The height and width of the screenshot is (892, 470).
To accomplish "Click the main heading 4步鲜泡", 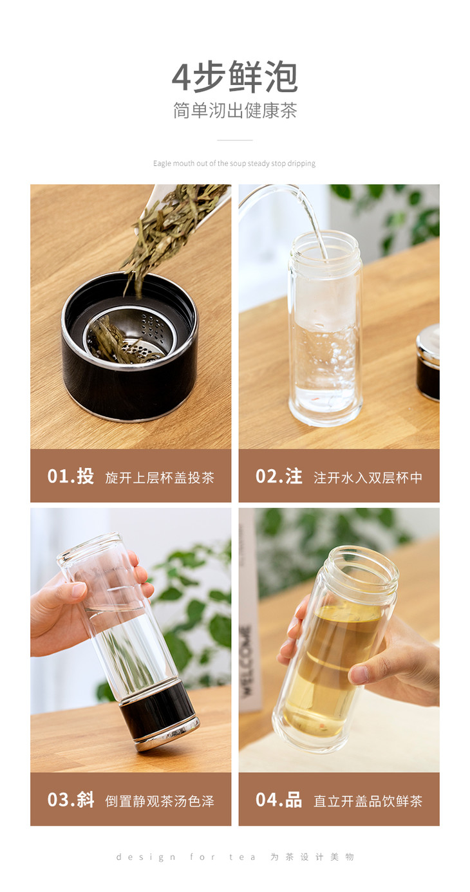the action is coord(235,77).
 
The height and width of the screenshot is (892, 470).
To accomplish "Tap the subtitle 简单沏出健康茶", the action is coord(235,110).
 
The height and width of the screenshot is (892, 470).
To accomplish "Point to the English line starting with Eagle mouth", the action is coord(234,163).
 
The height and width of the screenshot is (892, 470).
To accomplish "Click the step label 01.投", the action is coord(71,476).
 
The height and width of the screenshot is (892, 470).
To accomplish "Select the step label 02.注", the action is coord(279,476).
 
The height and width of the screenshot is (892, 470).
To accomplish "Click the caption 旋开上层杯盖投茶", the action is coord(160,478).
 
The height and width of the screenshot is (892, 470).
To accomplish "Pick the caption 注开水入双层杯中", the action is coord(368,478).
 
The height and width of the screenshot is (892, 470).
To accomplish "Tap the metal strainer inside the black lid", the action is coord(129,335).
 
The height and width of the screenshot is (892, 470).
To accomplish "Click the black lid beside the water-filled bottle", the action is coord(428,362).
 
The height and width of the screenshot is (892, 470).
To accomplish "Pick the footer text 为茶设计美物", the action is coord(312,857).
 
